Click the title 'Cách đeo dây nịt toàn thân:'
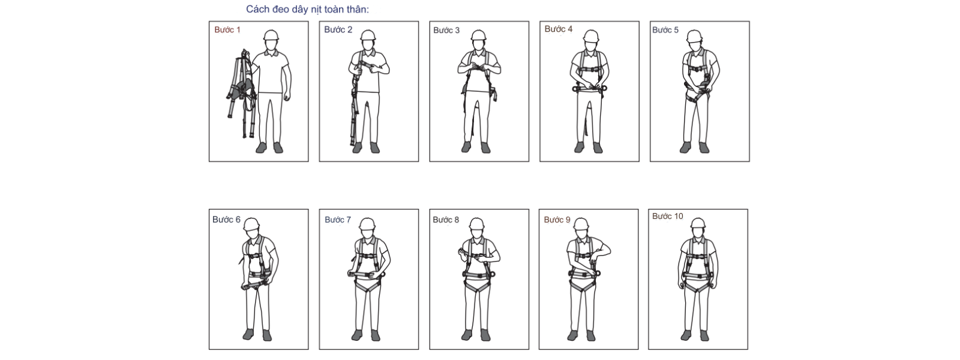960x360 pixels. [x=307, y=10]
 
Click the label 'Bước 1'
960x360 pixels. [x=227, y=29]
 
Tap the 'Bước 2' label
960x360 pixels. [x=338, y=29]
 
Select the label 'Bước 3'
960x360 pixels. [x=446, y=30]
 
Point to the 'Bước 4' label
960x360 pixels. [x=559, y=29]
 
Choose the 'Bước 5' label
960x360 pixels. [x=665, y=29]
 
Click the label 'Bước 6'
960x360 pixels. [x=226, y=220]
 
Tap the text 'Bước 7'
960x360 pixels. [x=338, y=220]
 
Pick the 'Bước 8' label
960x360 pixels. [x=446, y=220]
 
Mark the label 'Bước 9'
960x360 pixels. [x=557, y=220]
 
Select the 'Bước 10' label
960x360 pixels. [x=667, y=216]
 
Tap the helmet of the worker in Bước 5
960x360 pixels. [x=694, y=36]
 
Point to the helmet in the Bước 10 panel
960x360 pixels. [x=698, y=224]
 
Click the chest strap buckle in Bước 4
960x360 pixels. [x=589, y=70]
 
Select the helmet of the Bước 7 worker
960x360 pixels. [x=367, y=224]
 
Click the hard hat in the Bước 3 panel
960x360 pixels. [x=478, y=35]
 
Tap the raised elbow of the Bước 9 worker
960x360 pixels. [x=608, y=250]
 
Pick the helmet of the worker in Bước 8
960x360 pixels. [x=476, y=224]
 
